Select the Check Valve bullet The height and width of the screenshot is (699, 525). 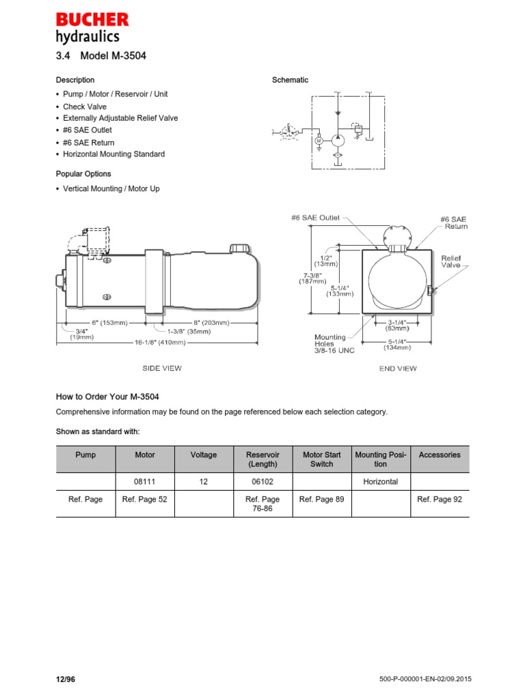coord(85,106)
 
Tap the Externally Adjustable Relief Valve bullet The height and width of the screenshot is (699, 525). coord(120,118)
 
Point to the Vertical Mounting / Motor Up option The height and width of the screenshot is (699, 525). coord(111,188)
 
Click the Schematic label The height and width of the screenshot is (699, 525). coord(290,80)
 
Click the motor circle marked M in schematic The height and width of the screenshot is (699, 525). coord(319,141)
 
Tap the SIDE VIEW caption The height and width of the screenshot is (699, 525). coord(161,369)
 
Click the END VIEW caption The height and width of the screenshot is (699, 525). coord(398,369)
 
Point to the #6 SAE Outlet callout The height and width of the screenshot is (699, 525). coord(315,218)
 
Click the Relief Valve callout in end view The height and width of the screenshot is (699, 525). coord(451,262)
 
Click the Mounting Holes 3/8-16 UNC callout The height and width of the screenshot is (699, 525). coord(334,344)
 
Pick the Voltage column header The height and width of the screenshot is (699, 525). coord(203,455)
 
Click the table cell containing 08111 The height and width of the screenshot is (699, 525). coord(145,482)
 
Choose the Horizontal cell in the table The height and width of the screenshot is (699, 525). coord(380,482)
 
